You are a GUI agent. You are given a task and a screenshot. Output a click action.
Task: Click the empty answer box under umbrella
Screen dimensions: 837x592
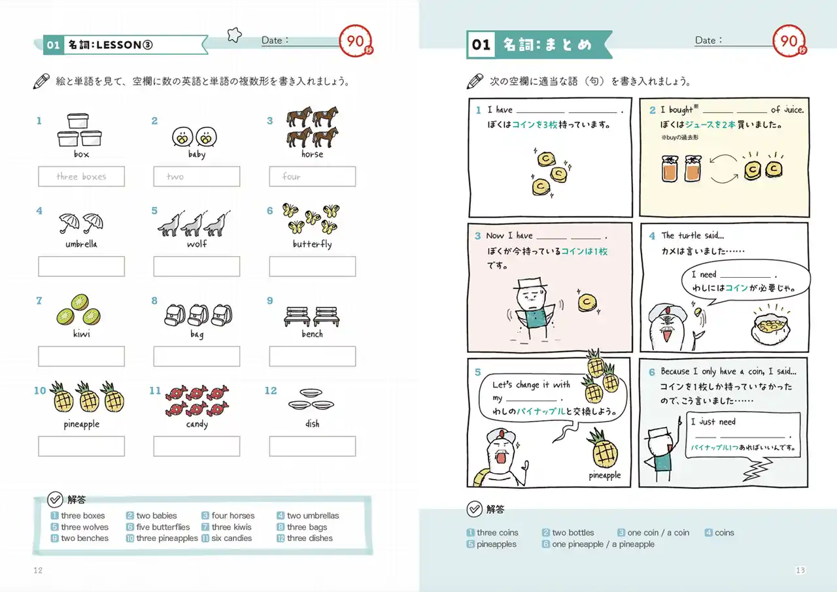tap(82, 266)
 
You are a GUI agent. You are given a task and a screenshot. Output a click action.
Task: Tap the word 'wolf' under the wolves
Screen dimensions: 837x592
tap(197, 244)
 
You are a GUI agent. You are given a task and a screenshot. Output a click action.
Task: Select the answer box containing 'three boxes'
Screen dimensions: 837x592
tap(82, 176)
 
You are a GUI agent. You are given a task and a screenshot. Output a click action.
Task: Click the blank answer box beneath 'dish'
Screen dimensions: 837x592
tap(313, 446)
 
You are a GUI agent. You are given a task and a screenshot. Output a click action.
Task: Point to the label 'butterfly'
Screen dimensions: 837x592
tap(313, 244)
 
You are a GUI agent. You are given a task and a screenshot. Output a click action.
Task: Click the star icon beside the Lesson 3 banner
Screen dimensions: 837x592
tap(234, 35)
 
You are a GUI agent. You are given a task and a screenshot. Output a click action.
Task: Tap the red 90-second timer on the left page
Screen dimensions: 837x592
tap(356, 41)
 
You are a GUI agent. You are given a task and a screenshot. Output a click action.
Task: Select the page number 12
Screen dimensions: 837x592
tap(38, 570)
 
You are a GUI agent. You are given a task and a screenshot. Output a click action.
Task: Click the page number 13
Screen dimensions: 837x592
tap(800, 570)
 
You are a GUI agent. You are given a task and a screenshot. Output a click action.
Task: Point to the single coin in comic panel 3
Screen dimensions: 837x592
tap(587, 303)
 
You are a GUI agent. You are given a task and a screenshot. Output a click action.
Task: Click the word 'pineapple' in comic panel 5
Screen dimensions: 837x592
tap(605, 475)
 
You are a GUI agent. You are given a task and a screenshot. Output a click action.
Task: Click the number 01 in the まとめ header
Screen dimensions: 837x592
tap(481, 45)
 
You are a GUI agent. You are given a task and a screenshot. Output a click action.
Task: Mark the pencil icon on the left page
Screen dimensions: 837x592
tap(41, 81)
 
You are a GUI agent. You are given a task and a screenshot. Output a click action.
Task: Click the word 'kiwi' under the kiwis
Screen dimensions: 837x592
tap(82, 334)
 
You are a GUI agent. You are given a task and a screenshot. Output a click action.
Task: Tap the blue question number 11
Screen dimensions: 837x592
tap(155, 391)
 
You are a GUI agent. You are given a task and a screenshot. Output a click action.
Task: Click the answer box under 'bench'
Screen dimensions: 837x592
tap(313, 356)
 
